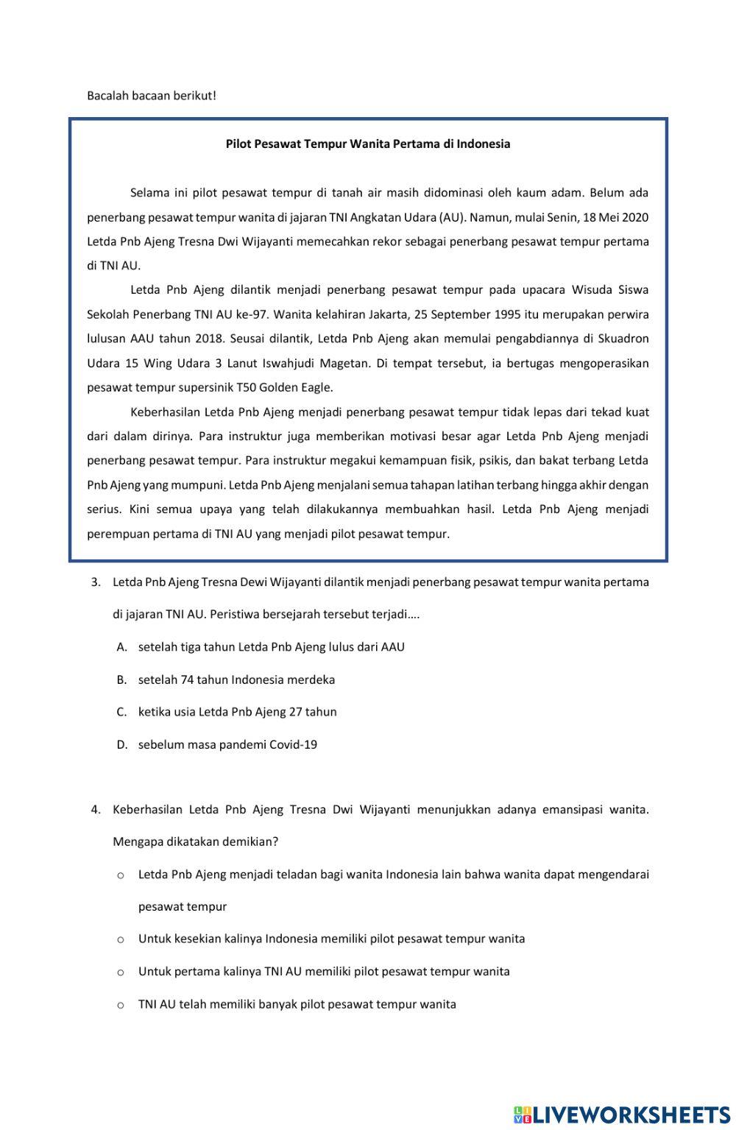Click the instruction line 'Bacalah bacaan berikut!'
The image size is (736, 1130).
(x=152, y=96)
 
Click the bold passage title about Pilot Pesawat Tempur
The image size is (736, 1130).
(x=367, y=144)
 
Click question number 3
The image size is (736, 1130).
(x=96, y=582)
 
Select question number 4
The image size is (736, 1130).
(x=96, y=810)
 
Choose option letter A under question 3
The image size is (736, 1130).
(x=122, y=647)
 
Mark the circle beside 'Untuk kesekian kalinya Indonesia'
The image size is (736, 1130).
(x=121, y=939)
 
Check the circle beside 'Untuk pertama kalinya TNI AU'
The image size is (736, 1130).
(x=121, y=972)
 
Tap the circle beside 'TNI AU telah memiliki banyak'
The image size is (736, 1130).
(x=121, y=1004)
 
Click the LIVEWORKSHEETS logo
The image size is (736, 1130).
(x=622, y=1114)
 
